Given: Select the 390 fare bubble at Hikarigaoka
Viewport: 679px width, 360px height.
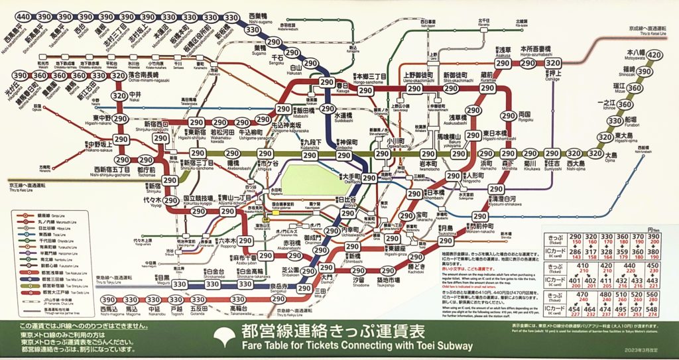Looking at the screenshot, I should pos(21,76).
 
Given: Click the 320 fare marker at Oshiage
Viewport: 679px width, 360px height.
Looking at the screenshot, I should pos(552,64).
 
